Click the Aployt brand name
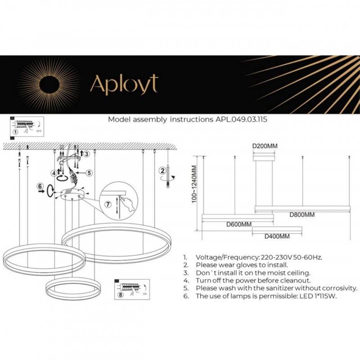pos(124,85)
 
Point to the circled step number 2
pos(162,170)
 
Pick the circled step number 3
pos(87,154)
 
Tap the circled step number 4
pos(54,172)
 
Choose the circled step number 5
pos(89,172)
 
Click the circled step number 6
pos(40,186)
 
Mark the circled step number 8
pos(120,295)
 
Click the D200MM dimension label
pos(265,146)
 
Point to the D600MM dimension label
pos(238,224)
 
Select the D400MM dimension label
pos(277,236)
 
